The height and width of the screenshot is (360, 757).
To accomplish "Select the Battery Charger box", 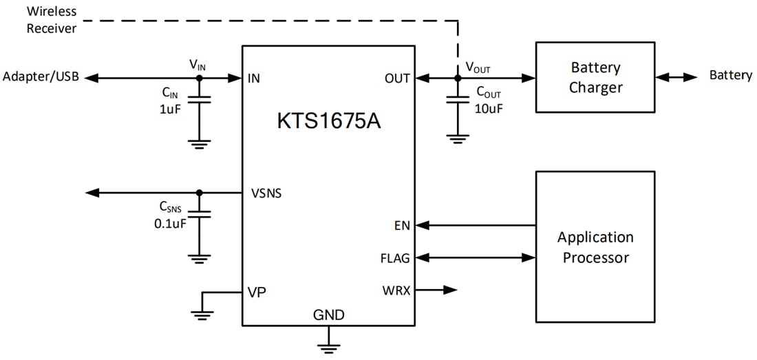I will [595, 77].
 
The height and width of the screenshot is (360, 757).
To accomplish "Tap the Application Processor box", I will [595, 247].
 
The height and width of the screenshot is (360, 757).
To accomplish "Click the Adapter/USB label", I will [41, 77].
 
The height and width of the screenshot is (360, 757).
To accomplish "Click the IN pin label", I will [254, 78].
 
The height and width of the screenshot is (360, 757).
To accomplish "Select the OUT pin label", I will [397, 78].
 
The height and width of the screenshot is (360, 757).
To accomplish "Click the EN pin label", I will [402, 225].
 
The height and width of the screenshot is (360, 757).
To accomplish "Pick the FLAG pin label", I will [395, 258].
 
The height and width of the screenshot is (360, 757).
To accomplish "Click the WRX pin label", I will [396, 290].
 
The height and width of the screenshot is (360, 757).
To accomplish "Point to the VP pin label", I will [256, 291].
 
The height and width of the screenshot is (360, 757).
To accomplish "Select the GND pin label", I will [328, 315].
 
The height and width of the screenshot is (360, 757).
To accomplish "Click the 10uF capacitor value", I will [489, 108].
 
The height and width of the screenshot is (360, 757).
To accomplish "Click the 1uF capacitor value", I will [170, 107].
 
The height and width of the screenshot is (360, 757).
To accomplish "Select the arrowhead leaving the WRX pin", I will [450, 290].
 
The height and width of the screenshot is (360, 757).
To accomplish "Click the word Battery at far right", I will [730, 76].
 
